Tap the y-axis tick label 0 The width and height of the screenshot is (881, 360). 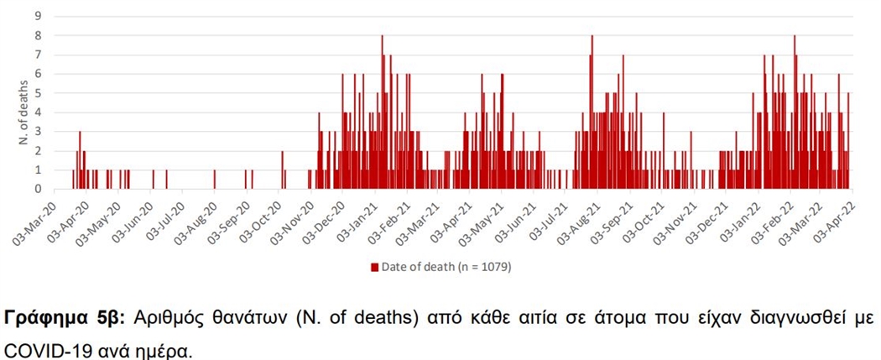[x=38, y=190]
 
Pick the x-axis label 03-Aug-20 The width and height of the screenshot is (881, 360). [x=198, y=220]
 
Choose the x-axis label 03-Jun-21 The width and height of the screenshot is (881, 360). [x=519, y=220]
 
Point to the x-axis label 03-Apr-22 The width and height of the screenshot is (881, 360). [x=842, y=220]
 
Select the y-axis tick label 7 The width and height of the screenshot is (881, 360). [x=38, y=55]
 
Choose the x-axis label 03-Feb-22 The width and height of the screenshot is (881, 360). [x=777, y=220]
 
